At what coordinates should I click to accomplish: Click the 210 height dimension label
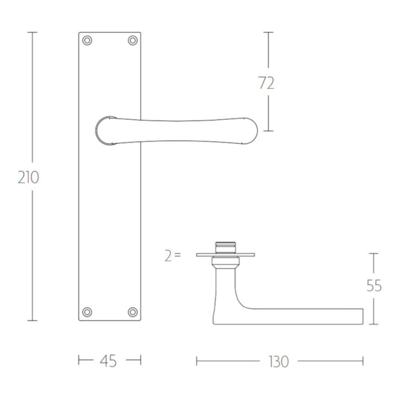tap(28, 177)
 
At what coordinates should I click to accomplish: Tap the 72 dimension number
tap(267, 83)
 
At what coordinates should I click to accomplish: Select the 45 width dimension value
tap(108, 361)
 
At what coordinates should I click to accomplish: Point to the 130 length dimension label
tap(279, 362)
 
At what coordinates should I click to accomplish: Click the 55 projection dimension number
tap(374, 285)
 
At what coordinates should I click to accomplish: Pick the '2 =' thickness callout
tap(173, 255)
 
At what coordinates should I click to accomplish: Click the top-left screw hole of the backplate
tap(87, 40)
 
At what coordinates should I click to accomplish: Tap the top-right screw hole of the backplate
tap(132, 40)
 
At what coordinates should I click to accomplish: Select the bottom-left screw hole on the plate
tap(87, 312)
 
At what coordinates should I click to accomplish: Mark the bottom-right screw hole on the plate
tap(132, 312)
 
